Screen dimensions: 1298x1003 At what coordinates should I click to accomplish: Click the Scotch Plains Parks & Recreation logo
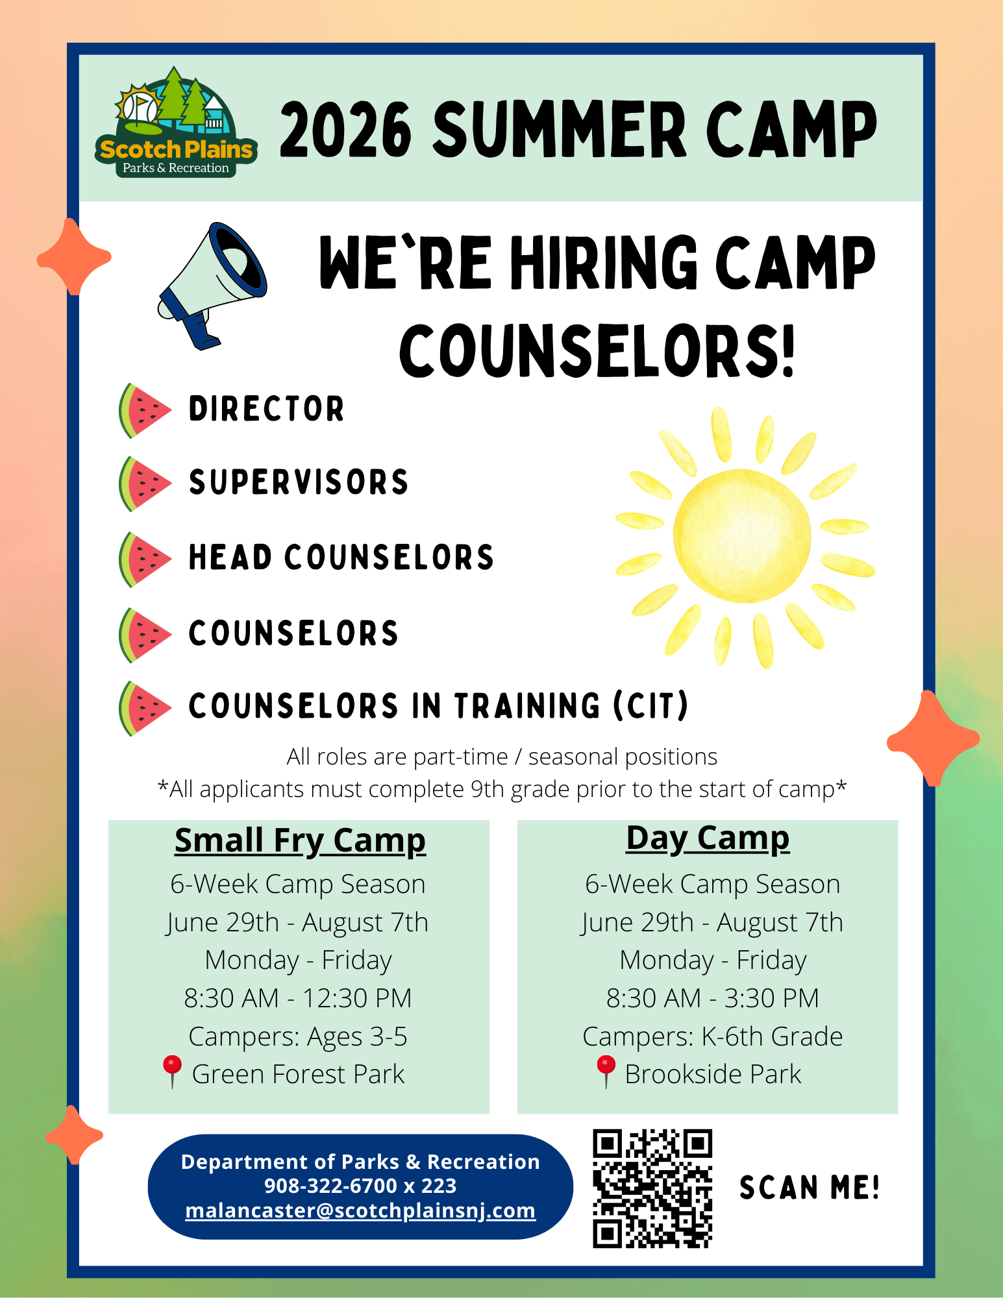pyautogui.click(x=176, y=123)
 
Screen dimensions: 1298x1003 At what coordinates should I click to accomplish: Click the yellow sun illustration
pyautogui.click(x=743, y=536)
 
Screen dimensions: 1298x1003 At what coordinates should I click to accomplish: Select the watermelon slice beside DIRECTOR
pyautogui.click(x=145, y=410)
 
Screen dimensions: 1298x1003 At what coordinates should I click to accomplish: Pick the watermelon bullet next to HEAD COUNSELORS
pyautogui.click(x=145, y=559)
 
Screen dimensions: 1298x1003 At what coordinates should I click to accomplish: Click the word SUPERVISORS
pyautogui.click(x=299, y=483)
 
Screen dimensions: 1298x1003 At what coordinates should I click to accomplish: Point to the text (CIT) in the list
pyautogui.click(x=651, y=706)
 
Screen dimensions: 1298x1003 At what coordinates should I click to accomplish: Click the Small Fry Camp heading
pyautogui.click(x=300, y=840)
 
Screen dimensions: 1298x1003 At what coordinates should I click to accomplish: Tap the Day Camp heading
pyautogui.click(x=708, y=838)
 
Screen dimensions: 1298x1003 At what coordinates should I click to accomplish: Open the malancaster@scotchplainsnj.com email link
pyautogui.click(x=360, y=1211)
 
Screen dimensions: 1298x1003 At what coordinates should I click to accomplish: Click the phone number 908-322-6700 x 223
pyautogui.click(x=360, y=1186)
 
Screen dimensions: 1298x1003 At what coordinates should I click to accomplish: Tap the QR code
pyautogui.click(x=652, y=1188)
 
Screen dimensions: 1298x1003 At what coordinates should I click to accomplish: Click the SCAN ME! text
pyautogui.click(x=810, y=1188)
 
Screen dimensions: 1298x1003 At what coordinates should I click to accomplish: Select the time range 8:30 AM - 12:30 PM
pyautogui.click(x=298, y=998)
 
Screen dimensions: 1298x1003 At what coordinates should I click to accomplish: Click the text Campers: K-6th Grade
pyautogui.click(x=712, y=1036)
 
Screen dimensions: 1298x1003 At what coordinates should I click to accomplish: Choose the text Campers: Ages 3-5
pyautogui.click(x=298, y=1036)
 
